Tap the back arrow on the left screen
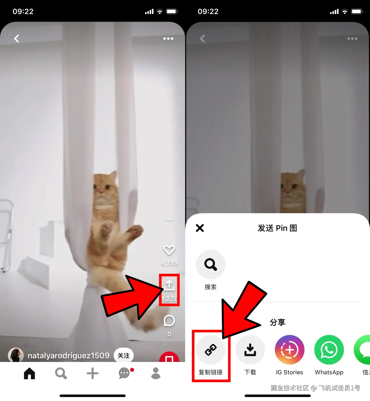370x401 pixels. pyautogui.click(x=16, y=39)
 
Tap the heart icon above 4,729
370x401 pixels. pyautogui.click(x=169, y=250)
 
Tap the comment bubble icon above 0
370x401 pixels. pyautogui.click(x=169, y=321)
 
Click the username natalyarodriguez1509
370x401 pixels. pyautogui.click(x=69, y=356)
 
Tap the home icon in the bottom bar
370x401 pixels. pyautogui.click(x=29, y=373)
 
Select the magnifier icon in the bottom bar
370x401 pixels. pyautogui.click(x=61, y=373)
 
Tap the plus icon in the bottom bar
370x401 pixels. pyautogui.click(x=92, y=373)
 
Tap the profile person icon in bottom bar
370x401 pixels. pyautogui.click(x=156, y=373)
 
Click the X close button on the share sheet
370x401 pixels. pyautogui.click(x=200, y=228)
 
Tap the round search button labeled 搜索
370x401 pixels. pyautogui.click(x=211, y=265)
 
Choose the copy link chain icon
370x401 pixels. pyautogui.click(x=211, y=350)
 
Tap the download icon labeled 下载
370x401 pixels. pyautogui.click(x=250, y=350)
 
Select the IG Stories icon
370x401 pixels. pyautogui.click(x=290, y=350)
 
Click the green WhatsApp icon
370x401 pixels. pyautogui.click(x=329, y=350)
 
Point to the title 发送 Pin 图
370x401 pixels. pyautogui.click(x=277, y=228)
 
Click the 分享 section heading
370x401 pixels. pyautogui.click(x=277, y=322)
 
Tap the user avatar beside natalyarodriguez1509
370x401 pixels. pyautogui.click(x=16, y=355)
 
